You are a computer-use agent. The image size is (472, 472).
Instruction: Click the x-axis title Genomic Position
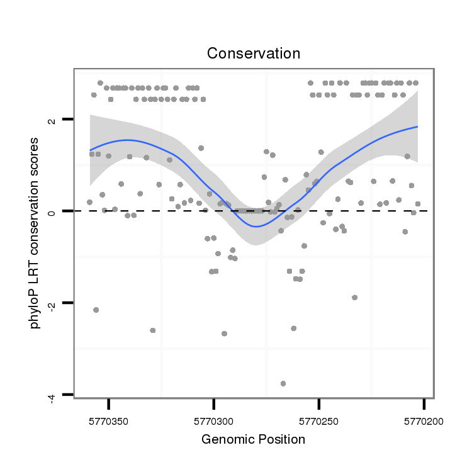[253, 439]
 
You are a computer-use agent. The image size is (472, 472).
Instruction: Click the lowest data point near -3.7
[283, 383]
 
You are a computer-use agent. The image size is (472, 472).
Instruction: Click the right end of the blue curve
[417, 127]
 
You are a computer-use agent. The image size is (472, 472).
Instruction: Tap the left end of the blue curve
[90, 150]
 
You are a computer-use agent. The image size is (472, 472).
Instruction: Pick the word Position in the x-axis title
[282, 439]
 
